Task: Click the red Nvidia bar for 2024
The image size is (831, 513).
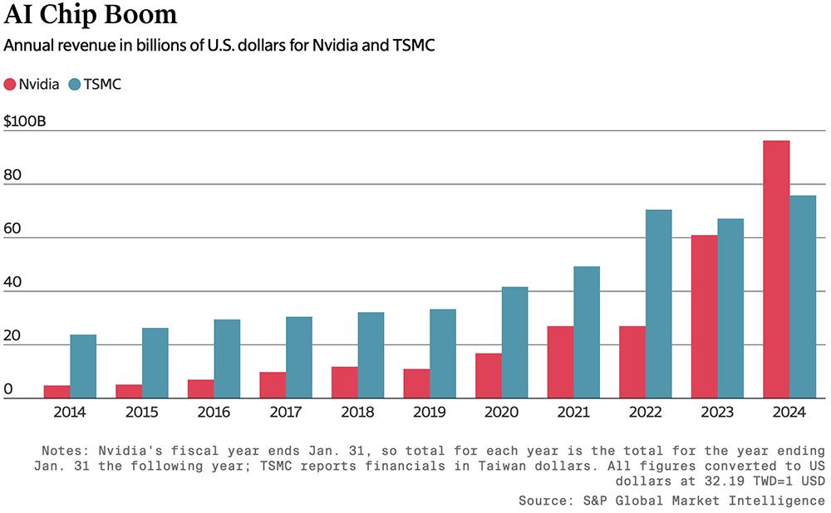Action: coord(776,270)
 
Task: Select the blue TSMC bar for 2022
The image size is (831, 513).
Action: coord(658,304)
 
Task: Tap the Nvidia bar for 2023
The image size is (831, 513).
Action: coord(704,317)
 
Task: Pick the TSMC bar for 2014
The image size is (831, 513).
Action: coord(83,366)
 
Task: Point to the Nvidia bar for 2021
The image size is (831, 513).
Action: coord(560,362)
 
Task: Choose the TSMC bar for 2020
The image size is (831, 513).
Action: coord(514,342)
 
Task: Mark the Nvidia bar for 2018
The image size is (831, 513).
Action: coord(345,382)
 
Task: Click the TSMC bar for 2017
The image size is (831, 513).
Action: coord(299,357)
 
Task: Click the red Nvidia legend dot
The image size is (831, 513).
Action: coord(10,84)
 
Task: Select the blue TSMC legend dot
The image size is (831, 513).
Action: coord(75,84)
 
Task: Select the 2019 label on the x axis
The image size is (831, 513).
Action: coord(430,411)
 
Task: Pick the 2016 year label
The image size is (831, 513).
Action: coord(214,411)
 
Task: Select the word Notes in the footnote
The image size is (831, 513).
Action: coord(62,450)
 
